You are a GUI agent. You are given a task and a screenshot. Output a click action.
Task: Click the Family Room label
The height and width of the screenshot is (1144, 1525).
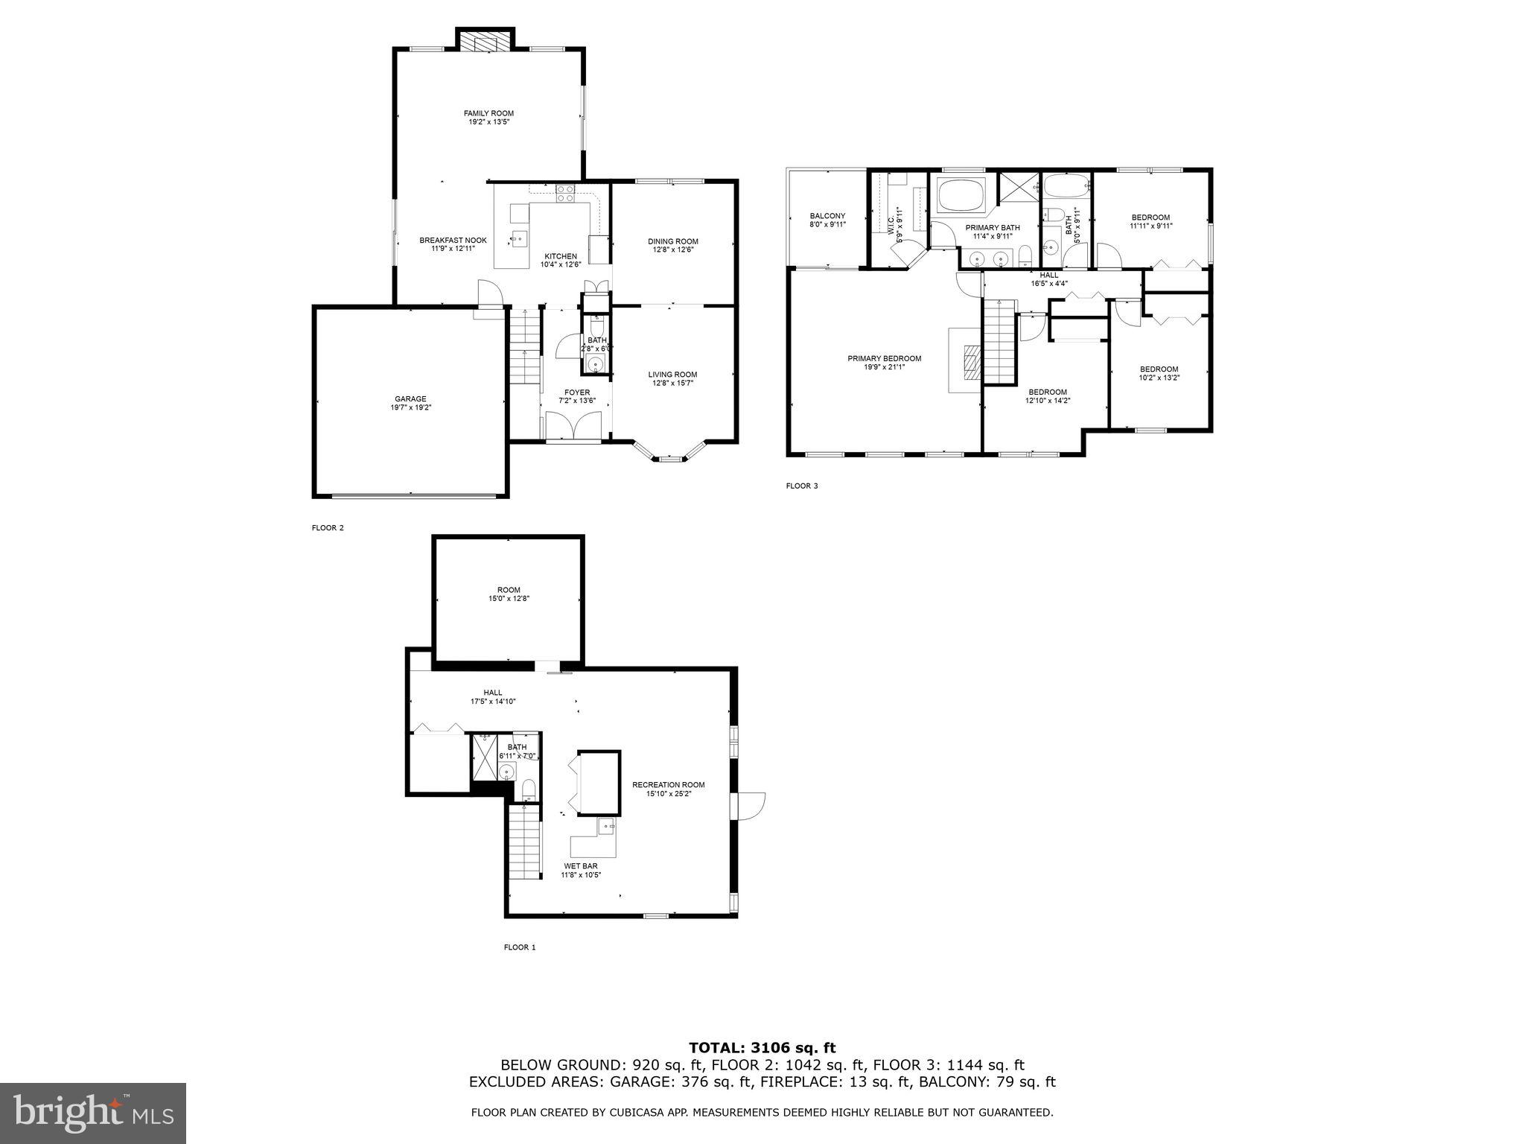(488, 113)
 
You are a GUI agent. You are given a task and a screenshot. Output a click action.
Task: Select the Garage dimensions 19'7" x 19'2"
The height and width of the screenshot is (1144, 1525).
(410, 407)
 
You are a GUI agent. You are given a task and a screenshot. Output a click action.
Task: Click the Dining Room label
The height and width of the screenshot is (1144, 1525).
(672, 241)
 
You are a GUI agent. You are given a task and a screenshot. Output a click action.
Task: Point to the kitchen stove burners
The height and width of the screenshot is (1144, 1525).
(565, 194)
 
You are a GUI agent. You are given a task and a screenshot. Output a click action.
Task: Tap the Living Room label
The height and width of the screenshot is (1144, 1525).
(672, 375)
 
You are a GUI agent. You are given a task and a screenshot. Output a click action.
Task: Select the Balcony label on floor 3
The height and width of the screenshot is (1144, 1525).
(827, 216)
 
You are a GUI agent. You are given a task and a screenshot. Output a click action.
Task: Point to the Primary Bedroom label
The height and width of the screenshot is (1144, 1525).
(884, 358)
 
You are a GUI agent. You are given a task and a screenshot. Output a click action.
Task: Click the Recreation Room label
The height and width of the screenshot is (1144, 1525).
(668, 785)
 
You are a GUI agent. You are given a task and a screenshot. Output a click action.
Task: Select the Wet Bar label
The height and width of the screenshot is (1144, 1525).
(581, 866)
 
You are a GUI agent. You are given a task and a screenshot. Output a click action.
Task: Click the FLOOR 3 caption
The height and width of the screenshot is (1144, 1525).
(801, 486)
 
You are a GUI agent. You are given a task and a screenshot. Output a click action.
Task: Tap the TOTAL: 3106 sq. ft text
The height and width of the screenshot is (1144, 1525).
(762, 1049)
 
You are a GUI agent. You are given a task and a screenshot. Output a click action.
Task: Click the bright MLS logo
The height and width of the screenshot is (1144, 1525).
(93, 1113)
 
